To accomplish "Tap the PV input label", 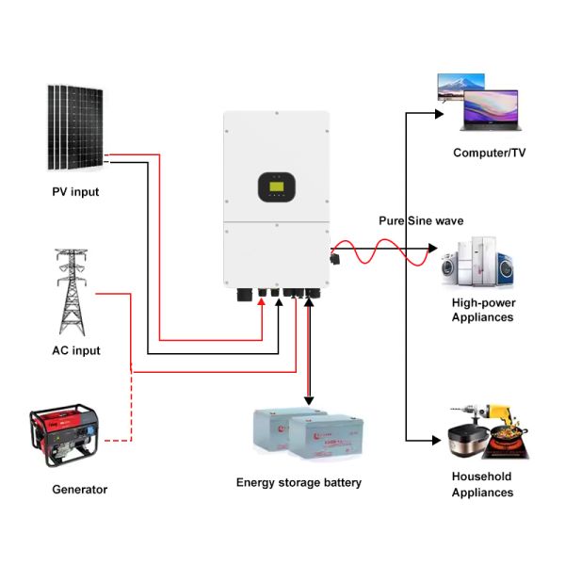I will (75, 192).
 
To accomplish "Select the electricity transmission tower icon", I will (72, 292).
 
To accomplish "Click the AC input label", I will (75, 350).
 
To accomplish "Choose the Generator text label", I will (79, 489).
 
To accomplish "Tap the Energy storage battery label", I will (299, 482).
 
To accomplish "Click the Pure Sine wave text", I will (421, 220).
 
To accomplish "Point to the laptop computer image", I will (489, 110).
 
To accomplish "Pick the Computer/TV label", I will (489, 152).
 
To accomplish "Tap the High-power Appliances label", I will (482, 310).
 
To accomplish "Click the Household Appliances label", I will (482, 484).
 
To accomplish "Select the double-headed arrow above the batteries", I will (307, 348).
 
